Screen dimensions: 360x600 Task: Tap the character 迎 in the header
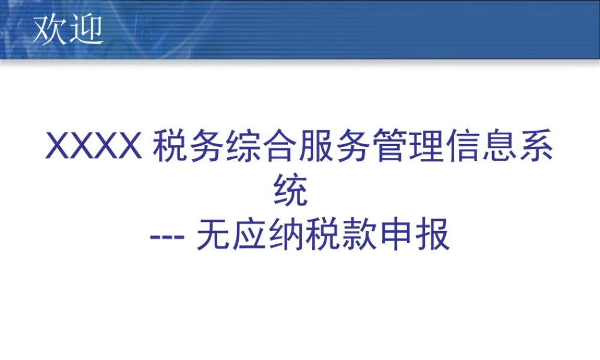85,29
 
